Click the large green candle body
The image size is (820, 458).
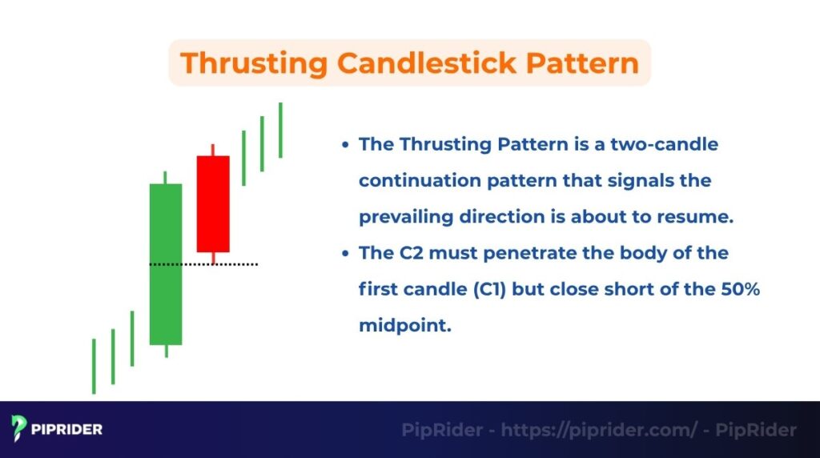166,264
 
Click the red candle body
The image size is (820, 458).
213,203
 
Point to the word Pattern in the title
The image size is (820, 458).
586,63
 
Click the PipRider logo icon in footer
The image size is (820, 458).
20,429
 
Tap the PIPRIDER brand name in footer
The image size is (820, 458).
67,430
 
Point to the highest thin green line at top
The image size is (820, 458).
280,130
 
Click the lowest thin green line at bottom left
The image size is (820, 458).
94,366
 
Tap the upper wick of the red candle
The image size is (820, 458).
213,150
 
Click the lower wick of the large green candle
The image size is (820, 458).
166,351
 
